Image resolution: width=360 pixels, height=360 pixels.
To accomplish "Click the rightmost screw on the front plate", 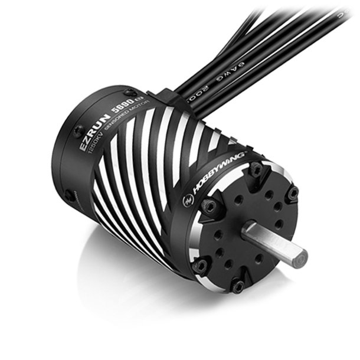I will (292, 194).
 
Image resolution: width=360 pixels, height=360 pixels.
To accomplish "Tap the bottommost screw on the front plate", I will (238, 286).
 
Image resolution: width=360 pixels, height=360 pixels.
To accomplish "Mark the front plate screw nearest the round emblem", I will (208, 205).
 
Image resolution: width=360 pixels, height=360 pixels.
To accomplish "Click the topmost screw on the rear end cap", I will (130, 93).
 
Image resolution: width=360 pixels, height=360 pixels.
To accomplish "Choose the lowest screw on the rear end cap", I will (71, 195).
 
